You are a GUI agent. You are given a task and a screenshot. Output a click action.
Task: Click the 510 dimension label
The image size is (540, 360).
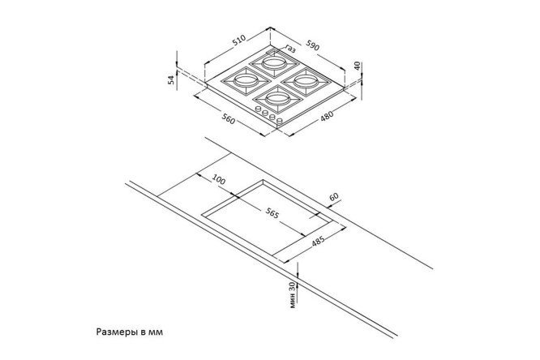coord(239,40)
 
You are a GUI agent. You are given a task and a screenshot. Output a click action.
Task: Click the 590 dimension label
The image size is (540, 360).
coord(312,45)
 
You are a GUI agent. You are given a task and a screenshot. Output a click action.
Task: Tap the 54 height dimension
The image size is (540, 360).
coord(171,80)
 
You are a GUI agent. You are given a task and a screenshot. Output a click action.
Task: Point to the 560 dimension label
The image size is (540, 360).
coord(229,119)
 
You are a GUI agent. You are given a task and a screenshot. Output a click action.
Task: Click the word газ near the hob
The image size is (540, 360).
coord(290,49)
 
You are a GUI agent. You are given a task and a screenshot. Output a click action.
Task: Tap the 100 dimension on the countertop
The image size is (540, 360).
coord(219,179)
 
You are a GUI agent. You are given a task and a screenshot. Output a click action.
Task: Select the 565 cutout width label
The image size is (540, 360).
coord(272,213)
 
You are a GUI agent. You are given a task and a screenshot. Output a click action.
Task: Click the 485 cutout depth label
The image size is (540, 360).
coord(318,241)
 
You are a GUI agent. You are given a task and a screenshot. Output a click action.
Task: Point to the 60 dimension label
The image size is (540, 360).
coord(334,197)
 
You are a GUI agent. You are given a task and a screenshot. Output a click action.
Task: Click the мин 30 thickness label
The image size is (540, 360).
coord(293,295)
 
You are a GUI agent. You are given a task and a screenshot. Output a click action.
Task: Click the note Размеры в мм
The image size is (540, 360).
coord(130,332)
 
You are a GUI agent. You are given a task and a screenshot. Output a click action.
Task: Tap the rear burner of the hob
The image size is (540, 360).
coord(273,64)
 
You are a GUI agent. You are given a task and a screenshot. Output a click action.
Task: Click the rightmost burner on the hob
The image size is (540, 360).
coord(304,82)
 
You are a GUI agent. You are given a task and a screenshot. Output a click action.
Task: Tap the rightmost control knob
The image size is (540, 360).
coord(280,121)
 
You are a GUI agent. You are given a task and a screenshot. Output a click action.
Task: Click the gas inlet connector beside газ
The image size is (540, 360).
coord(272,52)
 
